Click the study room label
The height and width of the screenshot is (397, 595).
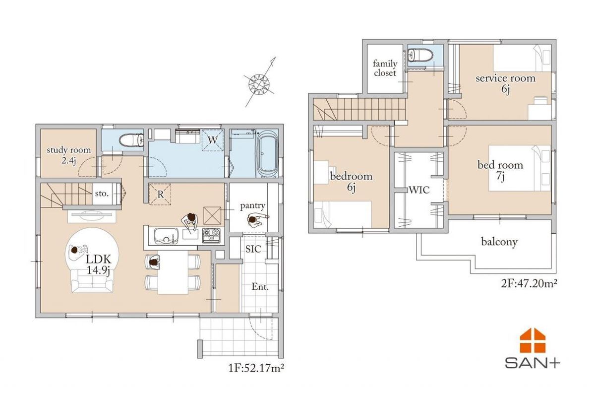point(69,155)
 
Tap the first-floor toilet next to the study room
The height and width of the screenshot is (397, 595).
point(131,140)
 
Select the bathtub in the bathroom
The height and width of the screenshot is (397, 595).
point(267,154)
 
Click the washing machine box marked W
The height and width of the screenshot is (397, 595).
point(212,140)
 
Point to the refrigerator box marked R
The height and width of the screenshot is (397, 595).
point(160,195)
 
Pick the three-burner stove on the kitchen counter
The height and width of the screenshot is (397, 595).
point(211,235)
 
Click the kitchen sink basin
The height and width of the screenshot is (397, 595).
point(166,236)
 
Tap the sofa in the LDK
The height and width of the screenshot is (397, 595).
point(92,281)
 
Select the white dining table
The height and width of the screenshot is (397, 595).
point(173,272)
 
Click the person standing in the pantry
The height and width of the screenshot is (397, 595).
point(255,220)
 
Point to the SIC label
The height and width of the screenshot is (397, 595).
point(253,249)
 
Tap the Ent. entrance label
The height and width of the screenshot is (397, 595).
point(260,287)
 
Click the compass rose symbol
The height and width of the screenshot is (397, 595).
point(259,84)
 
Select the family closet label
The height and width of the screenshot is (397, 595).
point(385,68)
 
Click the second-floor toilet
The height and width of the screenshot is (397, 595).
point(420,55)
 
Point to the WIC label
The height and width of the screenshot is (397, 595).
point(419,190)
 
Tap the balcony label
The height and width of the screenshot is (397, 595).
point(499,242)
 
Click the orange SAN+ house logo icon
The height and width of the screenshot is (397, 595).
point(533,340)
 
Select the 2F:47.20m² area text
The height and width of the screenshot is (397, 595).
point(529,284)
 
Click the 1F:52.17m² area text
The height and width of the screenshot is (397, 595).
point(256,368)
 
